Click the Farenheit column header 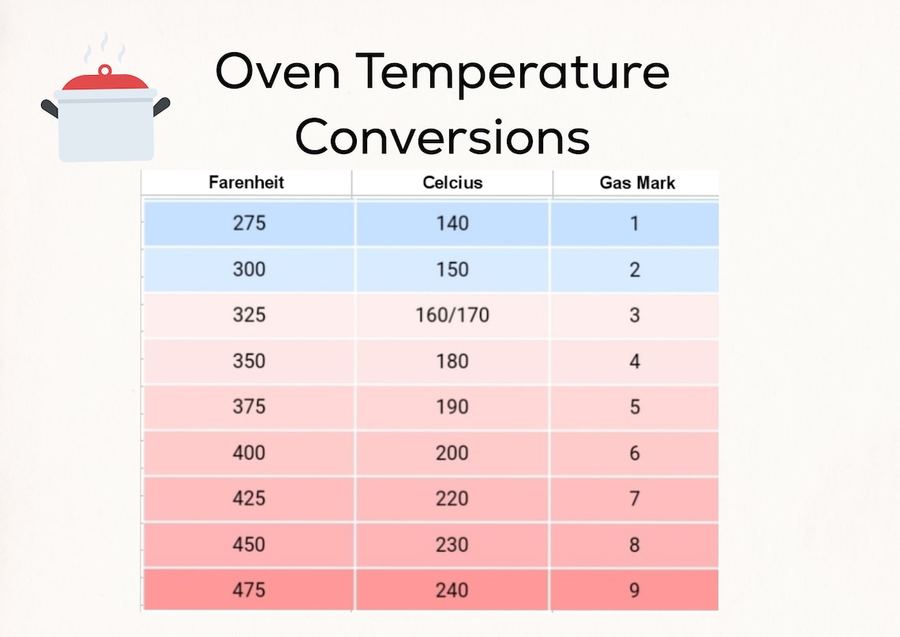tap(246, 183)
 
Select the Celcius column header tap(452, 183)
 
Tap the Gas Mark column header tap(637, 183)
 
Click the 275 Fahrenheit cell tap(249, 224)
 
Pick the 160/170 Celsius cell tap(452, 315)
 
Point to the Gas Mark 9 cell tap(635, 590)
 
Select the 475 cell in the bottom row tap(249, 590)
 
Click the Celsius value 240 tap(452, 590)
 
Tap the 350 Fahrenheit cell tap(249, 361)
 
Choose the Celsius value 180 tap(452, 361)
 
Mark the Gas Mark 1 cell tap(635, 224)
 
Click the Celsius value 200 tap(452, 453)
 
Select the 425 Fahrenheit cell tap(249, 499)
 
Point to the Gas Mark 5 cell tap(635, 407)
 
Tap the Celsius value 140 tap(452, 224)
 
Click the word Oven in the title tap(277, 73)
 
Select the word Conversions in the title tap(442, 136)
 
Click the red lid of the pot tap(105, 79)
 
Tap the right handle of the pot tap(162, 106)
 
